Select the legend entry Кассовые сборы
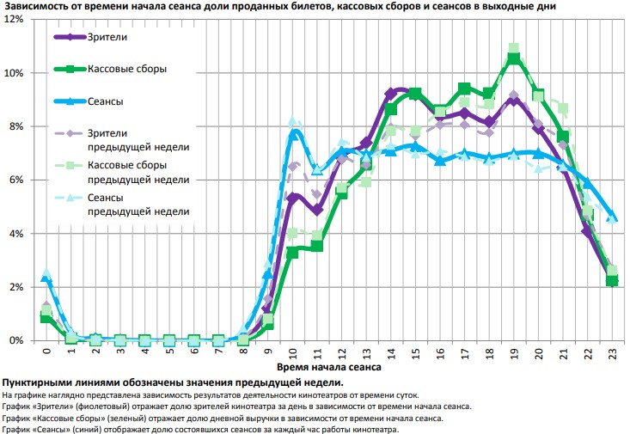126,69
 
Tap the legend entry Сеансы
105,101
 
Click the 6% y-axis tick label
17,180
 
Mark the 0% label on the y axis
17,340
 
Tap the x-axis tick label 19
514,352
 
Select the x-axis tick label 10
292,352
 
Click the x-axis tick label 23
612,352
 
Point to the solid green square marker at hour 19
514,58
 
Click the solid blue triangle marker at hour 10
293,133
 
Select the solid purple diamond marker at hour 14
391,92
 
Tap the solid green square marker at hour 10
292,252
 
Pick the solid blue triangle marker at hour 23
612,217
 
